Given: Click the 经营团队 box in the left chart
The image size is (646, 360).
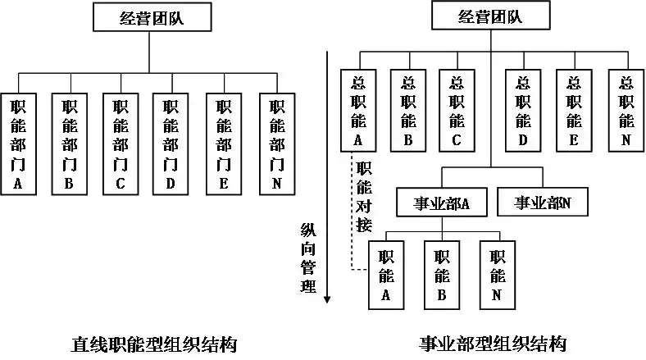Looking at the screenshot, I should coord(148,18).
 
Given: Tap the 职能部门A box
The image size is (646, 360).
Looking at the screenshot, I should coord(19,144).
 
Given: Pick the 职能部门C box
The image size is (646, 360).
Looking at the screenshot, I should coord(120,144).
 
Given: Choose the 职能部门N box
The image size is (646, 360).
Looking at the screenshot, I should coord(276,144).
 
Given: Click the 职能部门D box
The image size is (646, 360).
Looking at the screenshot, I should coord(171,144).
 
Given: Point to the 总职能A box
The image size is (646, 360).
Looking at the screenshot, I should coord(357,111).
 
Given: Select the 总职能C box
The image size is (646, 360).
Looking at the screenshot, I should coord(457,111).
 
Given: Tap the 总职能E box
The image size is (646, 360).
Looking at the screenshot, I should coord(573,111).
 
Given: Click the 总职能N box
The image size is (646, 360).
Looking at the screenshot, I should coord(626,111).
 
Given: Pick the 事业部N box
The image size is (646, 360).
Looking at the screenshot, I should coord(542,202).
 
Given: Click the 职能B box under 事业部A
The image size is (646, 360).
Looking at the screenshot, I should coord(441,274).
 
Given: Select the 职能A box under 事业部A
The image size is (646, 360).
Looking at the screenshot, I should coord(386,274).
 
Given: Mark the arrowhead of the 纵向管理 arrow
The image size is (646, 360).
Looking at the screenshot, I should coord(327,299).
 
